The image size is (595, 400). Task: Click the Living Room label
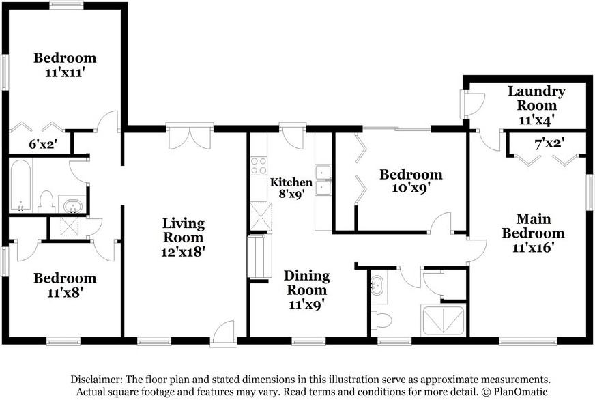(184, 230)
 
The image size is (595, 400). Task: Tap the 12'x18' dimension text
(184, 252)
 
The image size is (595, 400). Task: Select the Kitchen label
(291, 182)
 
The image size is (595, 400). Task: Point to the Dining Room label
(306, 283)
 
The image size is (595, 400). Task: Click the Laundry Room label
(536, 98)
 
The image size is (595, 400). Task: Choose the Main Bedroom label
(533, 226)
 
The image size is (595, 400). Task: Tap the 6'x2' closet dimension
(43, 144)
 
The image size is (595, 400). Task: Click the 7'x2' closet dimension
(549, 144)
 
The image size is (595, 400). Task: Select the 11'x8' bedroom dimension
(65, 293)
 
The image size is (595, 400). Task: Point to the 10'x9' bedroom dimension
(411, 188)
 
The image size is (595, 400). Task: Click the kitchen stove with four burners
(259, 166)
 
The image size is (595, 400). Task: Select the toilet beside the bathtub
(46, 202)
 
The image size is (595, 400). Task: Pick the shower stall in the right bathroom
(443, 320)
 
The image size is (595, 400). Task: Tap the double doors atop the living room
(190, 137)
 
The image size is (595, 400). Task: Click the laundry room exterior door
(471, 104)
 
